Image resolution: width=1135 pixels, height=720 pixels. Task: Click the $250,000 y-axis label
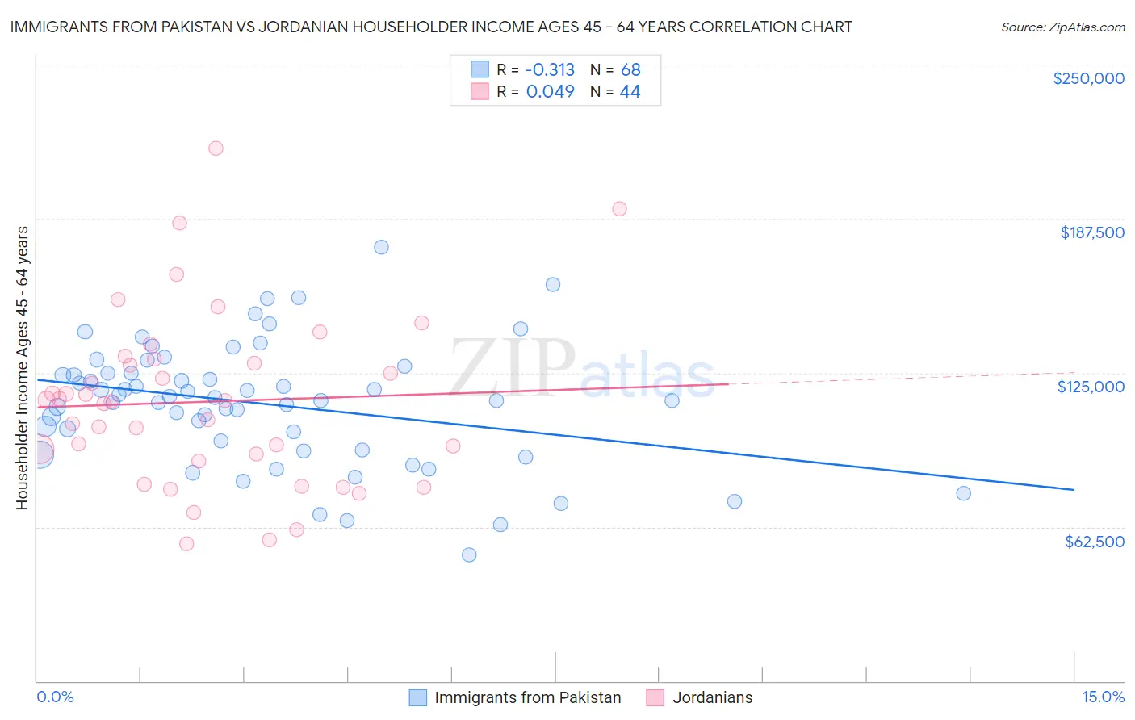(x=1088, y=78)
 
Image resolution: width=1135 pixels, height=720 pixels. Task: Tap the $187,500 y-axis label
(x=1091, y=232)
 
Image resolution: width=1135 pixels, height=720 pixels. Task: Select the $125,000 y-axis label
(x=1091, y=387)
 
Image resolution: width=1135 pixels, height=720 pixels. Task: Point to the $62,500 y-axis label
(x=1095, y=542)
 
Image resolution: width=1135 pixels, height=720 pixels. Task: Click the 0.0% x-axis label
(x=55, y=697)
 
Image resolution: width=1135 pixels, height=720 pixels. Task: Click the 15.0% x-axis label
(x=1103, y=697)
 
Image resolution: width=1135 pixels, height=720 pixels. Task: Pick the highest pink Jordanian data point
(x=216, y=149)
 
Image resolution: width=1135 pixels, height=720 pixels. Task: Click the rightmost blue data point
(x=963, y=493)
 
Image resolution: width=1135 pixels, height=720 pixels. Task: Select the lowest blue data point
(x=469, y=555)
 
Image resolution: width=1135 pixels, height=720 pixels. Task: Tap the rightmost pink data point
(x=619, y=209)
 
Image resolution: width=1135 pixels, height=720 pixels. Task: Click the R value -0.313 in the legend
(x=550, y=70)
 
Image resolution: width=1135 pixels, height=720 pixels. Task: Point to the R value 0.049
(x=550, y=92)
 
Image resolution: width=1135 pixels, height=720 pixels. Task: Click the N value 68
(x=630, y=70)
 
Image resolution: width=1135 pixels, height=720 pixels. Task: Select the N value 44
(x=630, y=92)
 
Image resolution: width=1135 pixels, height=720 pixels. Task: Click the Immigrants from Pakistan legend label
(x=527, y=697)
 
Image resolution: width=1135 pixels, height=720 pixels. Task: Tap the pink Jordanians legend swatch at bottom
(x=655, y=697)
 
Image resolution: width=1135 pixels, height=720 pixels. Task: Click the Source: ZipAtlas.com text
(x=1062, y=27)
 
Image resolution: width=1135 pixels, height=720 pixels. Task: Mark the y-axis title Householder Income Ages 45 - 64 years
(x=23, y=368)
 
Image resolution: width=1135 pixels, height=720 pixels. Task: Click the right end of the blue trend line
(x=1074, y=490)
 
